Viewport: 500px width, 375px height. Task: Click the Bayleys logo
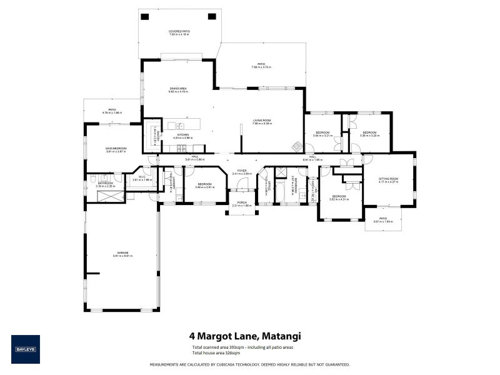25,349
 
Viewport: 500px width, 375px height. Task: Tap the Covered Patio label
179,31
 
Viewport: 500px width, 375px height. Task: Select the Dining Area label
178,89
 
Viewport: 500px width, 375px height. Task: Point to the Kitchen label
183,134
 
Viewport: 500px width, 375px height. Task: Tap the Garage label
121,252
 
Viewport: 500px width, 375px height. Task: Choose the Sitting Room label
388,179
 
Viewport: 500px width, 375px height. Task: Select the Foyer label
241,170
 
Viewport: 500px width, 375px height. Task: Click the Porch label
241,202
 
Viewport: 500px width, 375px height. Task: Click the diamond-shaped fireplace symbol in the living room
297,147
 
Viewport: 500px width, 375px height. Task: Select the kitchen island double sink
179,126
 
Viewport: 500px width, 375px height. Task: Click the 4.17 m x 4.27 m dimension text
388,182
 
